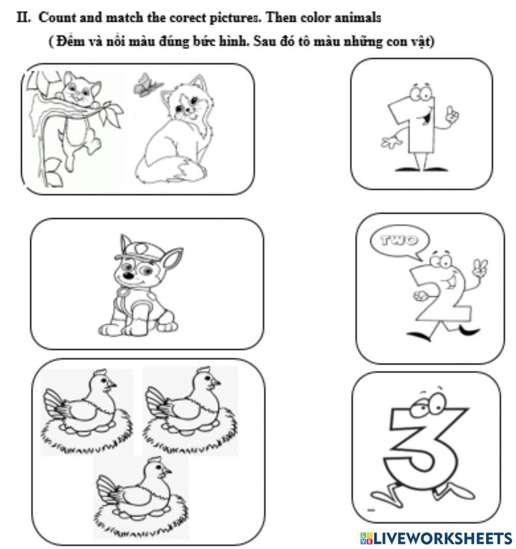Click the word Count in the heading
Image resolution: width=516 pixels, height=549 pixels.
tap(56, 18)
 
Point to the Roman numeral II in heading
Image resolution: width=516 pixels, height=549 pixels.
tap(23, 18)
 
